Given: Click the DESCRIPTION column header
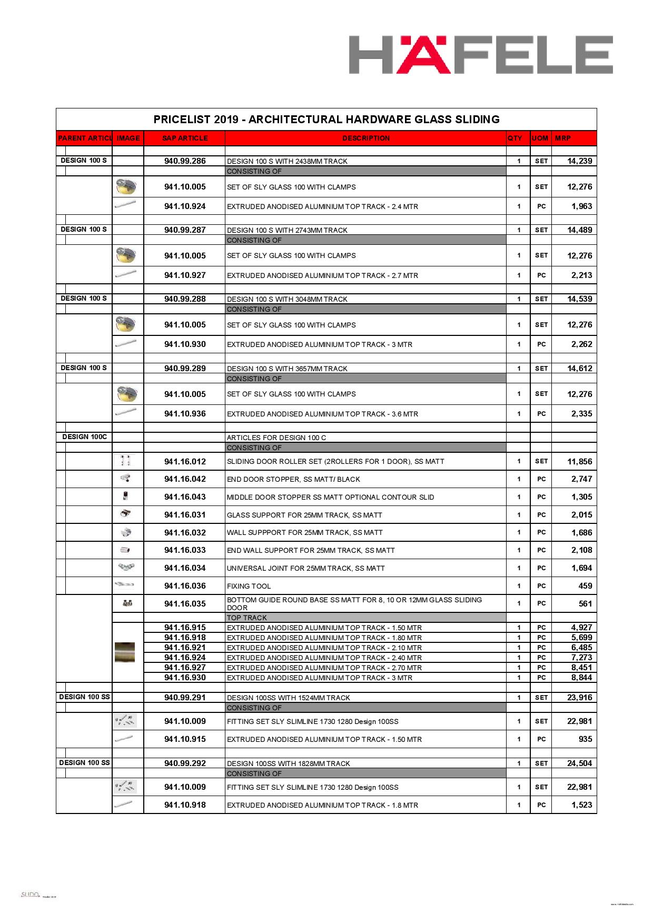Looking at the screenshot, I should coord(366,138).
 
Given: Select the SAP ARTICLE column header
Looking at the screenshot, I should coord(185,138).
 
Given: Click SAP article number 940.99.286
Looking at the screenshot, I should coord(185,161).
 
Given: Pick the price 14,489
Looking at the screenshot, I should coord(579,230).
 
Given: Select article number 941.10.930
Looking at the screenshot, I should coord(185,344).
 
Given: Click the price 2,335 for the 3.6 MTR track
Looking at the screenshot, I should coord(581,414).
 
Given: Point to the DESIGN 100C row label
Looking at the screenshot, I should coord(84,437).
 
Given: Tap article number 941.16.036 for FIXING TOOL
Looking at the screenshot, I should coord(185,586).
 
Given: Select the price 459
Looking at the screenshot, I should coord(585,586).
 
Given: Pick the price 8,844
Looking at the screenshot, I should coord(581,678).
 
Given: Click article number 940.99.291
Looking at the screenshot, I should coord(185,698).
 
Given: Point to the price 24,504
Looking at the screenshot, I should coord(579,763).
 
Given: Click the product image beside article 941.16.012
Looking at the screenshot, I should coord(125,461).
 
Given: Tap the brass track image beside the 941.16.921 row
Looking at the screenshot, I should coord(125,652).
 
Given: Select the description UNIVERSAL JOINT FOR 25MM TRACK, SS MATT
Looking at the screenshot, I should coord(305,569).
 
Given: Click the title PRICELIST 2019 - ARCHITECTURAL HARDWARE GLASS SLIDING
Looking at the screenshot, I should coord(326,120).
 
